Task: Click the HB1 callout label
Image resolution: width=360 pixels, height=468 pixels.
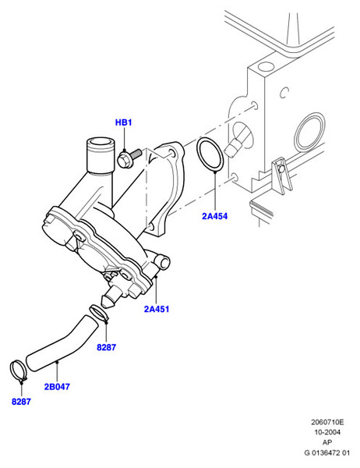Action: pos(123,122)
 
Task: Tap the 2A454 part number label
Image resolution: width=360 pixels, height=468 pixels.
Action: pos(215,216)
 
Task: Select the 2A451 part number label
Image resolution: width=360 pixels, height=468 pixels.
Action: pos(157,309)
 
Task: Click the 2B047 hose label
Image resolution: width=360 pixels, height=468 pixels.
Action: pos(57,387)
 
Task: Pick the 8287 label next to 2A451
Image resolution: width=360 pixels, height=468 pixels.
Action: pos(107,347)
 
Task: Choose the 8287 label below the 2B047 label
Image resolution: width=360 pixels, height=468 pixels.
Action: pos(21,402)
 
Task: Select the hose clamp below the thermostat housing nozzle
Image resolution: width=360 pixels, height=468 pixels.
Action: pos(99,313)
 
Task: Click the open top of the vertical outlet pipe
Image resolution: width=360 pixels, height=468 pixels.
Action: pos(99,143)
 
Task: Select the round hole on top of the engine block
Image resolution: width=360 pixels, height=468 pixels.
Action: pos(266,66)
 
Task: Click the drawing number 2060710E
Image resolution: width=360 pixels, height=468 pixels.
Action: pos(327,422)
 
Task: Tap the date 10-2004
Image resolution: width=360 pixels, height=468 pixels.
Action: pos(327,432)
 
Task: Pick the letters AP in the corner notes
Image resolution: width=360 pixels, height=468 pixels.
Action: pos(327,442)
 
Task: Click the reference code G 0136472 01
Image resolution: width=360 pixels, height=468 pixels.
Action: pos(327,452)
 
